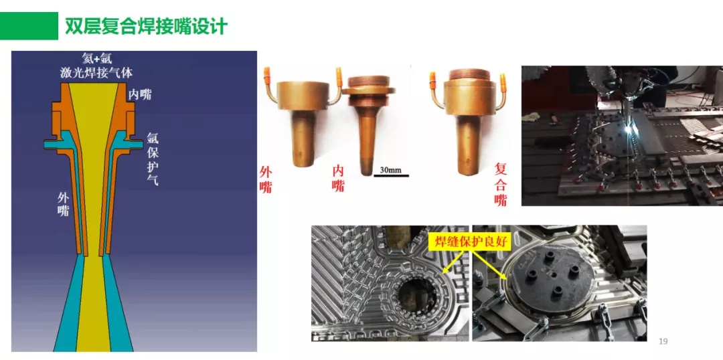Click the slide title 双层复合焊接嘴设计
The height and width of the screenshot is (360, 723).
146,27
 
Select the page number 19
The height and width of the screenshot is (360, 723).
663,342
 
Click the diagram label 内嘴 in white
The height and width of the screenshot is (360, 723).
141,94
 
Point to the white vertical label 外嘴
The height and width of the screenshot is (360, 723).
63,204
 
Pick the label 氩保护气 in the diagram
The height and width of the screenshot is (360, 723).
153,159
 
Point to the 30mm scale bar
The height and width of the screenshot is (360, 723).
390,171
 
